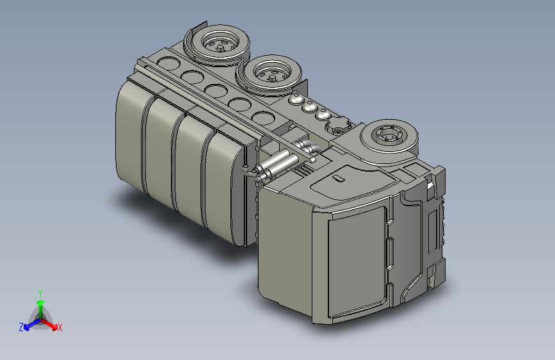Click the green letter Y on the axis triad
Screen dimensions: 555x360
point(40,293)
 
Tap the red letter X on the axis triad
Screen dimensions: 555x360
point(60,327)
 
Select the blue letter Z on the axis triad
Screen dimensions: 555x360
point(21,327)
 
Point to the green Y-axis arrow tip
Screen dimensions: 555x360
point(41,302)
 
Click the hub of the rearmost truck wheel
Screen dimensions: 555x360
point(221,46)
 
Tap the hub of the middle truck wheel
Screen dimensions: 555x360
point(272,75)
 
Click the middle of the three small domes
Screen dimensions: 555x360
point(309,106)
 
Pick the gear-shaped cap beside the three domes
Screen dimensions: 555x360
point(339,126)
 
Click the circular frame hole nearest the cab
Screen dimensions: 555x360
point(264,119)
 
